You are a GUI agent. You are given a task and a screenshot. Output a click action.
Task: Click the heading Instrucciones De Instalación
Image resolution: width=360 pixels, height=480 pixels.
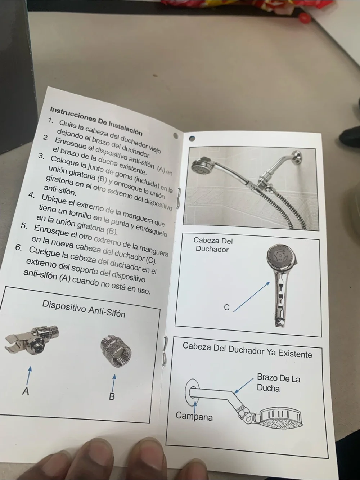click(x=96, y=121)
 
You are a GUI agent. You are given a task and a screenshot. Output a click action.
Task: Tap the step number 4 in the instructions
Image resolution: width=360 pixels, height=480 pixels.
click(x=32, y=195)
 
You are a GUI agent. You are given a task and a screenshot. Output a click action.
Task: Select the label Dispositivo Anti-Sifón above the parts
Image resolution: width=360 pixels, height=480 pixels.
click(x=84, y=309)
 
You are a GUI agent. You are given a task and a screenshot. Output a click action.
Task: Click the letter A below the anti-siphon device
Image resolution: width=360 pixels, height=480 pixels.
click(x=26, y=391)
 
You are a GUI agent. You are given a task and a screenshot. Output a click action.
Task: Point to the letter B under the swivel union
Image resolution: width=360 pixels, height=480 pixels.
click(x=112, y=396)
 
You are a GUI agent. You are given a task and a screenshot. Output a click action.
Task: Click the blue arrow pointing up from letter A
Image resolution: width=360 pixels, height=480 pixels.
click(x=29, y=375)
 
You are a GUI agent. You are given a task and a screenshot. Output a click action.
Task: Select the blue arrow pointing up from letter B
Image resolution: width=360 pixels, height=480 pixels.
click(x=113, y=382)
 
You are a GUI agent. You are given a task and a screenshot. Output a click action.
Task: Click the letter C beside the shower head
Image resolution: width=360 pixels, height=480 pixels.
click(x=227, y=307)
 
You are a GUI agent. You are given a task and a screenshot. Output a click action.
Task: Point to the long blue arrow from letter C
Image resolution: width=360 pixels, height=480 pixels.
click(x=252, y=296)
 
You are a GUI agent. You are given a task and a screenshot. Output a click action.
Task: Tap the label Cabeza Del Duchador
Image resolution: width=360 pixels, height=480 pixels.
click(x=213, y=245)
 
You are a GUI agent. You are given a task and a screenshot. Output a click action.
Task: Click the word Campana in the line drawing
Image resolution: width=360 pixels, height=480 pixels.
click(x=194, y=416)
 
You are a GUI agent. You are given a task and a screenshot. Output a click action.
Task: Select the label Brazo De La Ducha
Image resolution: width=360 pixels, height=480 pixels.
click(x=278, y=383)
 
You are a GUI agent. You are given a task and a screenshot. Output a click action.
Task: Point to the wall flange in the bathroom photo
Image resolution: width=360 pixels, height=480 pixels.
click(x=297, y=157)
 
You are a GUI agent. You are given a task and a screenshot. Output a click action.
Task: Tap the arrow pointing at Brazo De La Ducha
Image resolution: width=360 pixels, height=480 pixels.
click(x=244, y=385)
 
